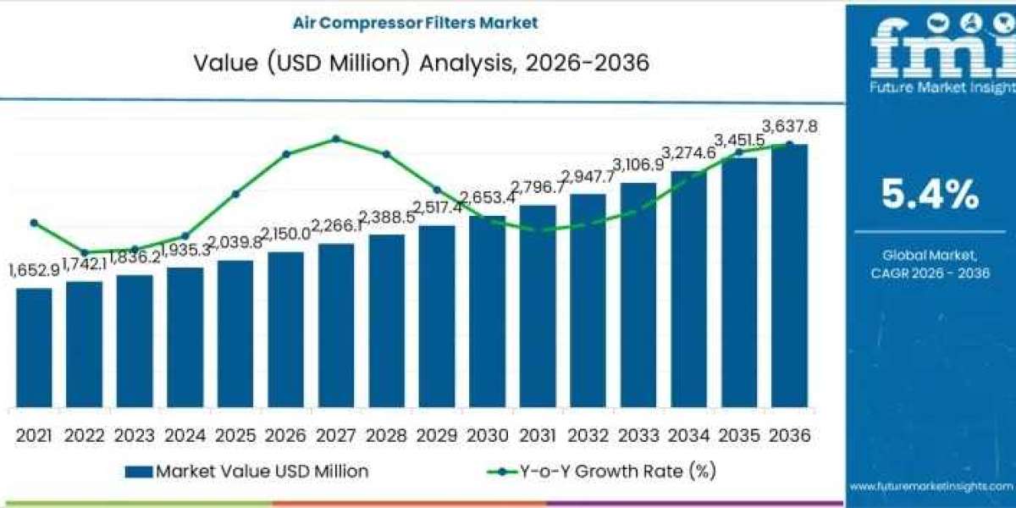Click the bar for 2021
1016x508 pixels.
pyautogui.click(x=34, y=347)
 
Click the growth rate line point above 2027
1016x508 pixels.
pyautogui.click(x=336, y=138)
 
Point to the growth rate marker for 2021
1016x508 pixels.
pyautogui.click(x=34, y=223)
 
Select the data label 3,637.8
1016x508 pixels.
pyautogui.click(x=789, y=127)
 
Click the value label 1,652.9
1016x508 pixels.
pyautogui.click(x=34, y=270)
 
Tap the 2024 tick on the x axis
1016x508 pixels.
pyautogui.click(x=185, y=435)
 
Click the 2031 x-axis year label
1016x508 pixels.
pyautogui.click(x=538, y=435)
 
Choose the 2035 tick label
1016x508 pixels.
pyautogui.click(x=739, y=435)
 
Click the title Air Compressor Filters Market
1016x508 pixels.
pyautogui.click(x=415, y=23)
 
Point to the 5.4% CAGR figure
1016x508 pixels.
pyautogui.click(x=930, y=196)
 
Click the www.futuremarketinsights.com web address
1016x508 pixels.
pyautogui.click(x=931, y=487)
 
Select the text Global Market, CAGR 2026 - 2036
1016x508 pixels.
pyautogui.click(x=930, y=263)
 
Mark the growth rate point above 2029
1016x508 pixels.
pyautogui.click(x=437, y=190)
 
